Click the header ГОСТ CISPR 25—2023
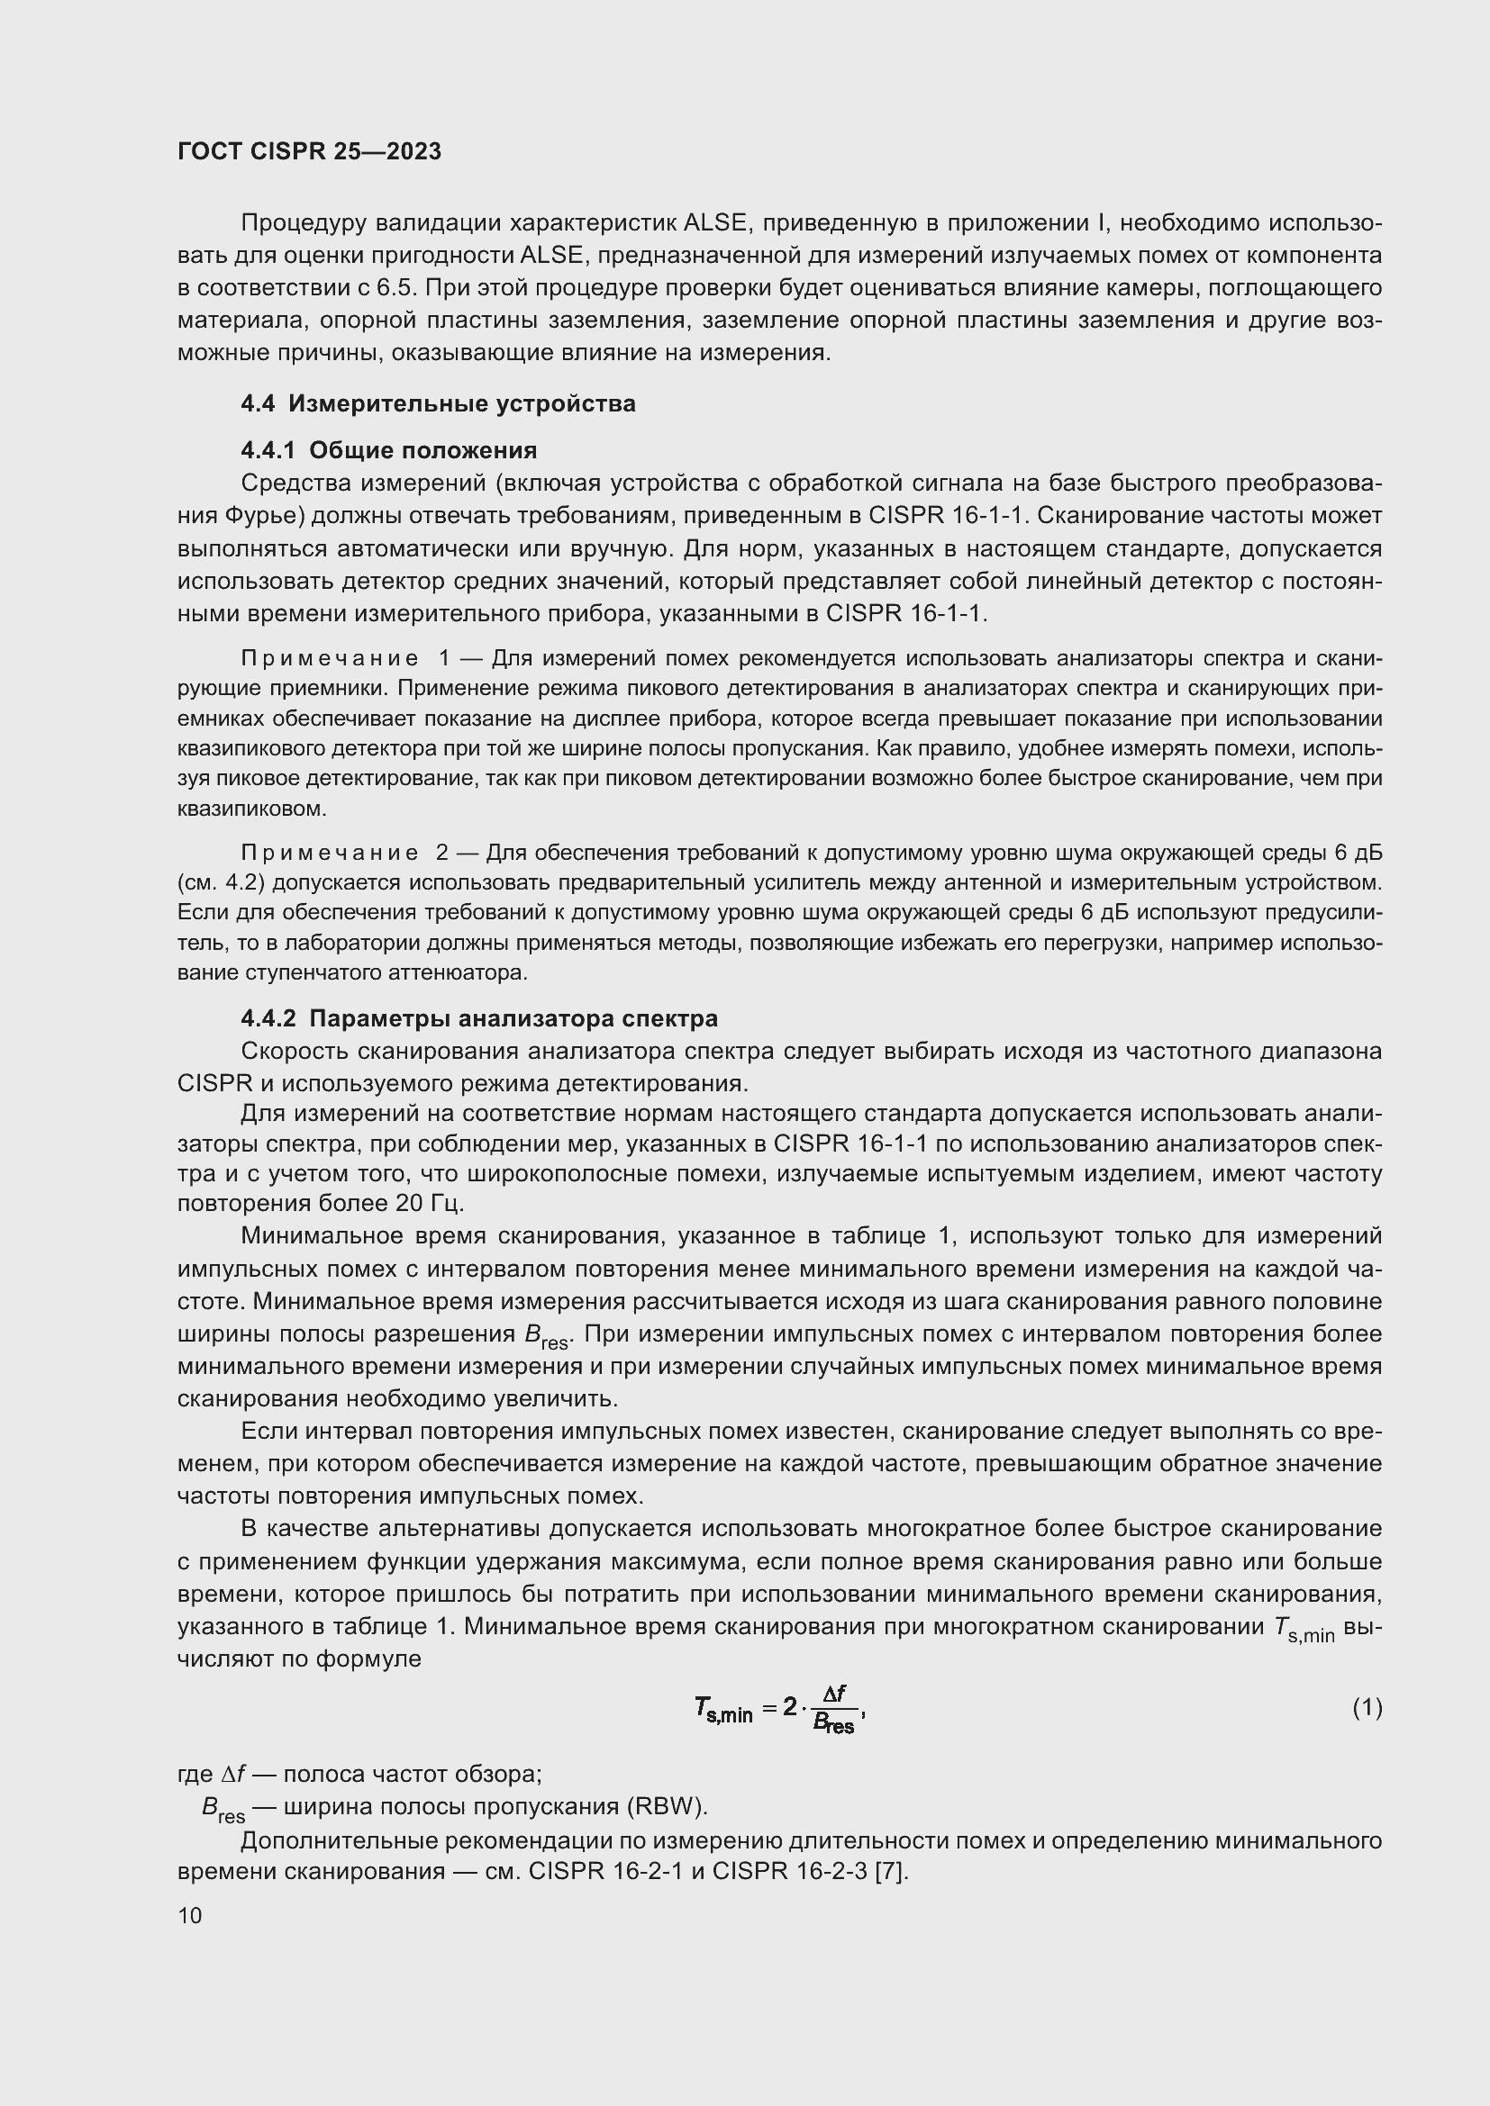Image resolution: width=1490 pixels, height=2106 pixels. [309, 151]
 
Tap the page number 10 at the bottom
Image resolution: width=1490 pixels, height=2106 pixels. [190, 1915]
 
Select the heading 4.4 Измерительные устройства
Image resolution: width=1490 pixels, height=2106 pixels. [438, 403]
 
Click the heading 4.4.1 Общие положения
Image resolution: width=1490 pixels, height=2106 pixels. [388, 450]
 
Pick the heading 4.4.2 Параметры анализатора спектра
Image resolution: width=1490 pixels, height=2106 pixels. [479, 1018]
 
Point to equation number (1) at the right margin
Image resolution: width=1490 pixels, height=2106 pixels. [1367, 1707]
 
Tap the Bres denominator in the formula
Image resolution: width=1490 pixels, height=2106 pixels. [833, 1724]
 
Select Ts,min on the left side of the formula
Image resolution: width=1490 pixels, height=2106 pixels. [723, 1710]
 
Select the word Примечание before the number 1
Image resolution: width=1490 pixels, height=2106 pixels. [330, 658]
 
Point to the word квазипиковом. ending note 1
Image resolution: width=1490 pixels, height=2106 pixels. [251, 810]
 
